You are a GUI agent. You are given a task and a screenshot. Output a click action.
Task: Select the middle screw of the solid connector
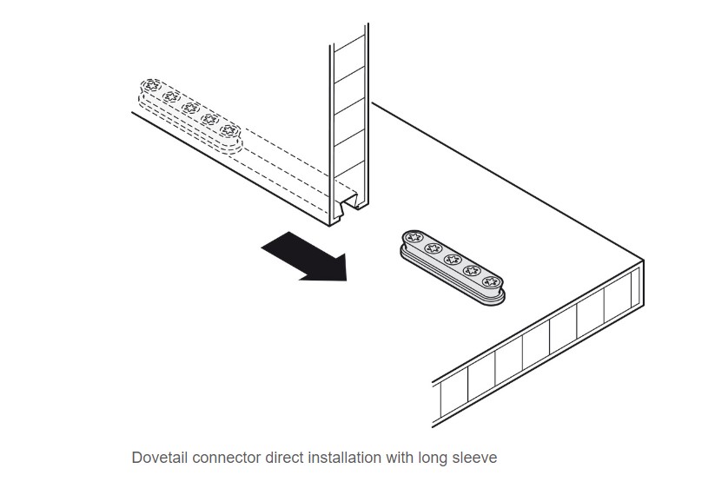[x=451, y=259]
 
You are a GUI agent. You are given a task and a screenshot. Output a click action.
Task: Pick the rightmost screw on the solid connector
[x=490, y=280]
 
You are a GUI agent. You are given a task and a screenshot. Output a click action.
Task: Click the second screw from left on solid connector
[x=432, y=247]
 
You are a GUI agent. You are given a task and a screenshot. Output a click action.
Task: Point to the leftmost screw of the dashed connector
[x=150, y=85]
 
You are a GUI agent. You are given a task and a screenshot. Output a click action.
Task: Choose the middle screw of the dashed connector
[x=189, y=108]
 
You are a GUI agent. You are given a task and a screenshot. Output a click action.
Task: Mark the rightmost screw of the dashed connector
[x=228, y=131]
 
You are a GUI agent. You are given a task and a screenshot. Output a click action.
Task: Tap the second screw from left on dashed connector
[x=169, y=96]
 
